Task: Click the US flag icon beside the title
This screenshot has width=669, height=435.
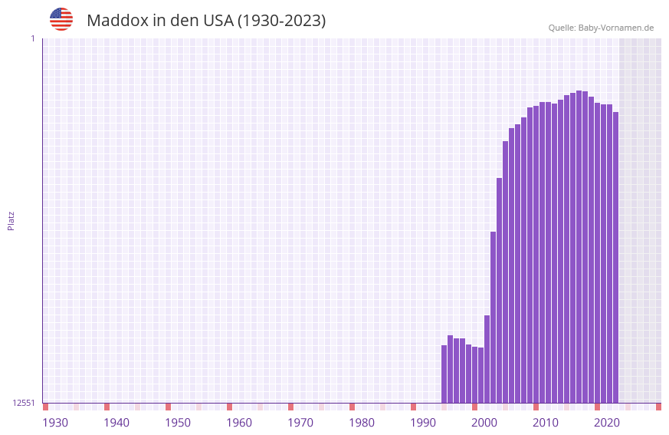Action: click(61, 19)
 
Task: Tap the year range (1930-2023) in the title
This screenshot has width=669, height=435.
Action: click(281, 21)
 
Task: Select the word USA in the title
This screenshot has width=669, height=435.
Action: click(218, 21)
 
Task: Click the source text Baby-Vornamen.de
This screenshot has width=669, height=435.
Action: click(615, 28)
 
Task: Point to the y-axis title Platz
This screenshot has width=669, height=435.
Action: click(11, 220)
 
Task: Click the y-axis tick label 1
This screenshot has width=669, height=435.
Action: click(32, 38)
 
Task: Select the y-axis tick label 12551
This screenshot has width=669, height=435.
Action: click(24, 403)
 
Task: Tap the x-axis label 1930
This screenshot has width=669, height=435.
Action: click(55, 423)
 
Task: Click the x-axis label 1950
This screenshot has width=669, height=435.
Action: click(178, 423)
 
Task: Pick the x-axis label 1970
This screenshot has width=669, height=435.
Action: click(300, 423)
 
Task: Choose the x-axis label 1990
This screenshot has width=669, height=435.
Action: click(423, 423)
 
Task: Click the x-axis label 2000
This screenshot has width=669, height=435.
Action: click(484, 423)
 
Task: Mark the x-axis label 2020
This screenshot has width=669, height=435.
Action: click(607, 423)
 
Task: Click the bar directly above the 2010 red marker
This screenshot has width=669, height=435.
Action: click(536, 253)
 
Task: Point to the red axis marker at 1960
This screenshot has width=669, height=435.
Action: click(230, 407)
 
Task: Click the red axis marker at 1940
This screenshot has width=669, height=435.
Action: click(107, 407)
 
